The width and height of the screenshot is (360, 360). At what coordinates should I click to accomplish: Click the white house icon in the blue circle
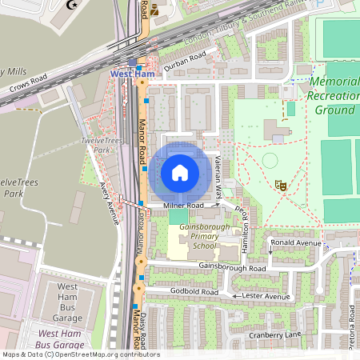coord(180,173)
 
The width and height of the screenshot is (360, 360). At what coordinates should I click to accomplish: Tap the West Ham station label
coord(131,74)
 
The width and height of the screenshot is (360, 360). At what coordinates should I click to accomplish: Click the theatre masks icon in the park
coord(281,184)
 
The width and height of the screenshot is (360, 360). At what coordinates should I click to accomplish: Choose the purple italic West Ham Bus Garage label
coord(68,338)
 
